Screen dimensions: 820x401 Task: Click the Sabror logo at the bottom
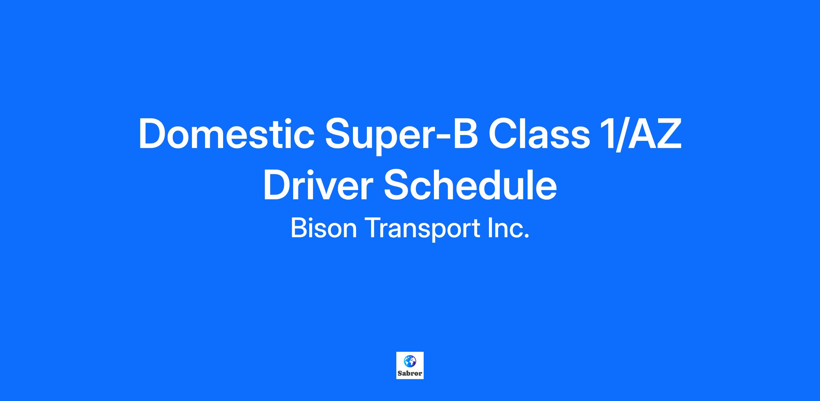[x=410, y=365]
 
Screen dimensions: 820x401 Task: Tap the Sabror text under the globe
[x=410, y=373]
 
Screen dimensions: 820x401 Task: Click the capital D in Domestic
[x=153, y=134]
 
